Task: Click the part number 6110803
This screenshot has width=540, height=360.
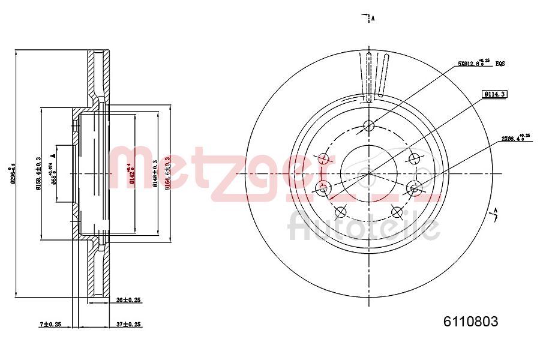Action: (x=470, y=322)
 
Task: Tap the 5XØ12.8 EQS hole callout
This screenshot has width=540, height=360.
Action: (x=481, y=63)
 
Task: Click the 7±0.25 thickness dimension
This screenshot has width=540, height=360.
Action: (x=51, y=324)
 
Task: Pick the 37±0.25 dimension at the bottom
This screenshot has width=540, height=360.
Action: (x=128, y=324)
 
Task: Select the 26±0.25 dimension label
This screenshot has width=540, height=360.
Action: (x=128, y=299)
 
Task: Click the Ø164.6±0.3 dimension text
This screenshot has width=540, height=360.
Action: (x=167, y=173)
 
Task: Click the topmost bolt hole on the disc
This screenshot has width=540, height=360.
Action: (x=369, y=126)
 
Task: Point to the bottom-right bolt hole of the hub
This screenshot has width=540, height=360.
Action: (x=396, y=211)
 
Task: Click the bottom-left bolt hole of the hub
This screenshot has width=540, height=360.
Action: (x=341, y=211)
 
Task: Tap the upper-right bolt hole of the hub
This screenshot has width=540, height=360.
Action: (x=413, y=158)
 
